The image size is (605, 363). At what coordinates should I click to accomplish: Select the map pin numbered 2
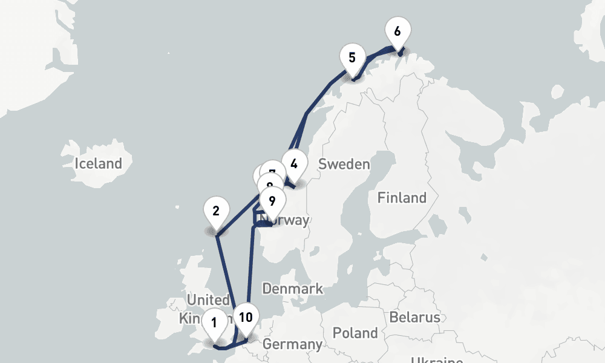click(x=216, y=212)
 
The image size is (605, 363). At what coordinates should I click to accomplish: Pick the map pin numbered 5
click(x=352, y=58)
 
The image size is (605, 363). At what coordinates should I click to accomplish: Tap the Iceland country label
click(x=98, y=163)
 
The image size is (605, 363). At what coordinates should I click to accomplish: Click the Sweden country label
click(x=344, y=164)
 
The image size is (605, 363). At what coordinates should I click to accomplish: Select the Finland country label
click(x=402, y=198)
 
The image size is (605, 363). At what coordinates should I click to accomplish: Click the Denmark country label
click(x=292, y=289)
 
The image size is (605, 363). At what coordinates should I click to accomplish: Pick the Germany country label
click(x=292, y=345)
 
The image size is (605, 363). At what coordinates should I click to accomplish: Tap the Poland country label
click(x=355, y=333)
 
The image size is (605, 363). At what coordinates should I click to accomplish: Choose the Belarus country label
click(x=414, y=317)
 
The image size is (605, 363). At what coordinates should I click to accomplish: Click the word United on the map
click(x=208, y=301)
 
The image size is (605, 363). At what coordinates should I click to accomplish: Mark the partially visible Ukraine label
click(x=437, y=359)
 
